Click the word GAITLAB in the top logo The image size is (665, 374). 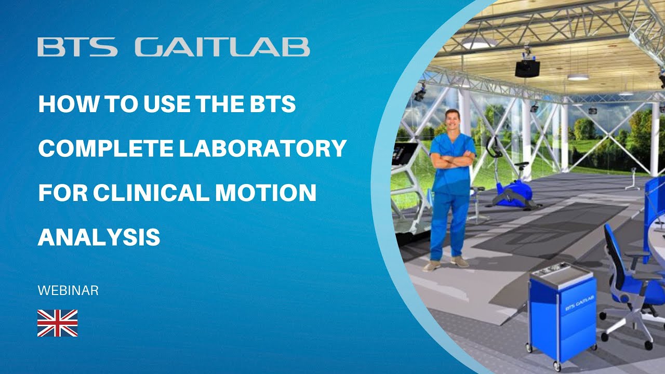(x=222, y=47)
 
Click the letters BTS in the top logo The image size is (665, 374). (x=77, y=47)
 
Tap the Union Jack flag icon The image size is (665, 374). (x=57, y=323)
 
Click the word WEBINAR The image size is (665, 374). (x=68, y=291)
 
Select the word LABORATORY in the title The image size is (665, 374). (x=263, y=149)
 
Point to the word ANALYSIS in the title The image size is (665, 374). (x=99, y=237)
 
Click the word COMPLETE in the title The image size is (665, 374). (x=105, y=149)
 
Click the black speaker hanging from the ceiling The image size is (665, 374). (x=527, y=68)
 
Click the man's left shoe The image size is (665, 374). (x=460, y=261)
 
